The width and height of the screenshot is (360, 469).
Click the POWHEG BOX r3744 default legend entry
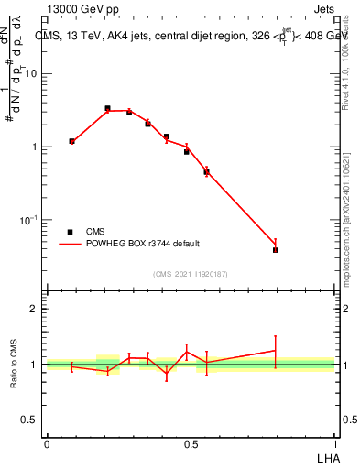pos(138,244)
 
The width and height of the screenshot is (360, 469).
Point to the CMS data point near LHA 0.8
pos(276,249)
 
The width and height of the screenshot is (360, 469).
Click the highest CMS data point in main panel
pos(107,108)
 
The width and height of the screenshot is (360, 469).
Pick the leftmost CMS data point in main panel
pos(71,141)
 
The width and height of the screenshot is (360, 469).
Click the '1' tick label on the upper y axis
pos(35,147)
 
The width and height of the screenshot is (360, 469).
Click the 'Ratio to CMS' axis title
pos(14,364)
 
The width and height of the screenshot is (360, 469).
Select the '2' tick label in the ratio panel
pos(35,309)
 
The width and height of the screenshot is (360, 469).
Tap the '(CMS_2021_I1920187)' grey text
pos(191,274)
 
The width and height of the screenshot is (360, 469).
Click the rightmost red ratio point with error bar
pos(276,351)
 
